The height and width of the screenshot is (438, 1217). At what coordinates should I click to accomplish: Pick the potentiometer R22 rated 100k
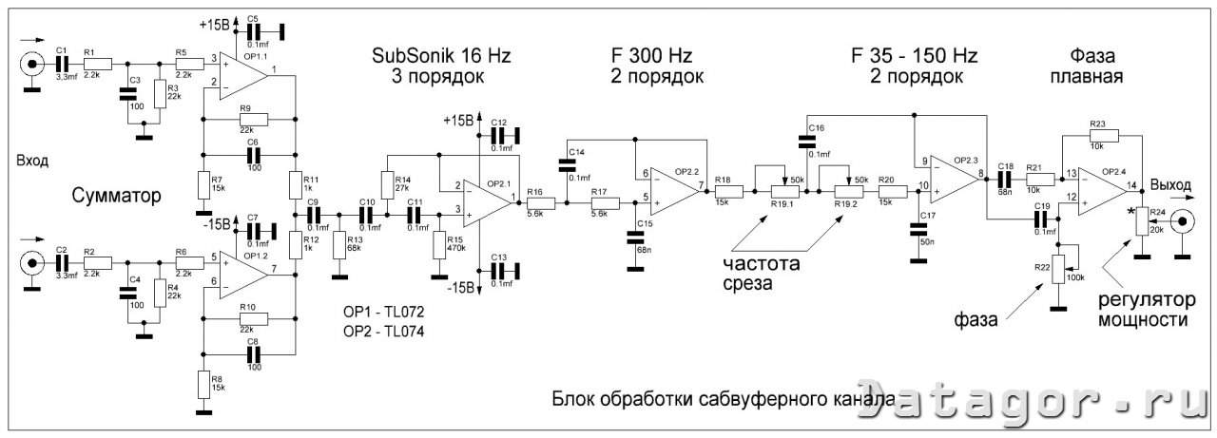[1056, 269]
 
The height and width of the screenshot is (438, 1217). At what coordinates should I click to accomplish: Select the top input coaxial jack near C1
[32, 66]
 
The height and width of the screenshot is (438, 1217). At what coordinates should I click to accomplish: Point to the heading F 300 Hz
[657, 55]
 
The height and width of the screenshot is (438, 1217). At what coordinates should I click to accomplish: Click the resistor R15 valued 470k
[439, 244]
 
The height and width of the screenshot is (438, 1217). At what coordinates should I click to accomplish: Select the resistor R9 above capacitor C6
[252, 119]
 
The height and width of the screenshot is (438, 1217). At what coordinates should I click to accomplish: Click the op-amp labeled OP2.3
[951, 177]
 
